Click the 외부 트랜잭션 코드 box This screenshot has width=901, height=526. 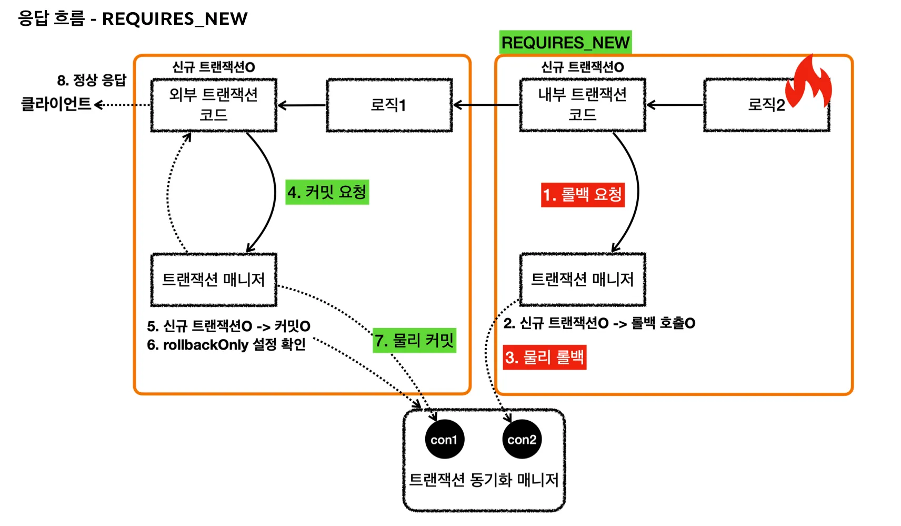pos(214,105)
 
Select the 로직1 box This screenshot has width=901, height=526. pos(389,105)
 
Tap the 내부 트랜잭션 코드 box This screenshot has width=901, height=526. pos(582,105)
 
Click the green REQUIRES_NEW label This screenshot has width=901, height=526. pos(565,42)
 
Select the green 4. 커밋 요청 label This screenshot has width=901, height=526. pos(327,192)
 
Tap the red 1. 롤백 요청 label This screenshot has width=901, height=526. pos(583,195)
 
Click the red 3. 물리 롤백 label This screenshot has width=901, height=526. pos(544,358)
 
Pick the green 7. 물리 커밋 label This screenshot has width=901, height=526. pos(414,341)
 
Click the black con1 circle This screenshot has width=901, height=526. pos(444,440)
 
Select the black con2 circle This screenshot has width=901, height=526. pos(522,440)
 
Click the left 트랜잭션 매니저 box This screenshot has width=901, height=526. pos(214,280)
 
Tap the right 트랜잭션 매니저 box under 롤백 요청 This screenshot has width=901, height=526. pos(582,280)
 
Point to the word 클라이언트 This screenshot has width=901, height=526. pos(56,104)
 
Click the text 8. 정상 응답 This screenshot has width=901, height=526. pos(92,81)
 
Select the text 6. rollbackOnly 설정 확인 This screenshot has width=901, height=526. pos(226,345)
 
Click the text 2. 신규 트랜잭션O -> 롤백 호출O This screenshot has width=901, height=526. pos(599,323)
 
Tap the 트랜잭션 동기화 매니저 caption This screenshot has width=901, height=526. pos(484,480)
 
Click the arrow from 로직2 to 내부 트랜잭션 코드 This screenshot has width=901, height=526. pos(675,105)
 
